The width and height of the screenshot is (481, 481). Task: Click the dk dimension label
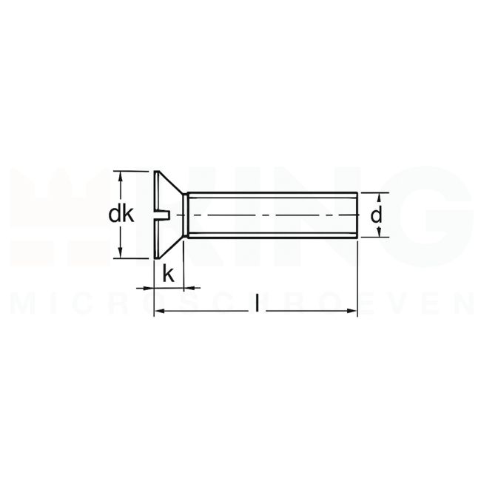click(121, 215)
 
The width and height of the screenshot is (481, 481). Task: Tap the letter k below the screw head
click(169, 275)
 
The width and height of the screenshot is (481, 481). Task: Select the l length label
click(256, 303)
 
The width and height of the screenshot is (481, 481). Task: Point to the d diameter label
click(377, 215)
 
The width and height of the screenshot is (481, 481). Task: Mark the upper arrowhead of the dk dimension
click(120, 175)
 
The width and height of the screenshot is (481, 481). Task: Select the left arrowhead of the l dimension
click(158, 313)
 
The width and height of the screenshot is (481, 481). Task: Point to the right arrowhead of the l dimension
click(354, 313)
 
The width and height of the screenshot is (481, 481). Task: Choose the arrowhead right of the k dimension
click(195, 287)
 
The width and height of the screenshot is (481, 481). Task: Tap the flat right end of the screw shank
click(358, 215)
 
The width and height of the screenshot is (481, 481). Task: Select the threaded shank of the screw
click(274, 203)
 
